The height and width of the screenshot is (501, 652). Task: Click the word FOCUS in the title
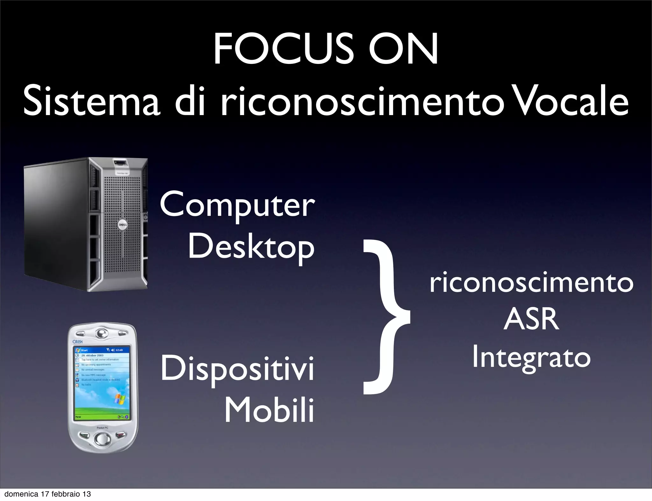coord(284,50)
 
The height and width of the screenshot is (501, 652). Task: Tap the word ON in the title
coord(403,50)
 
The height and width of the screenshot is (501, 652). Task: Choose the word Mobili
coord(269,410)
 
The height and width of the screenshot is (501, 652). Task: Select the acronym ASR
coord(531,319)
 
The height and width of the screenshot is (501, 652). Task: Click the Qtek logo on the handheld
coord(78,341)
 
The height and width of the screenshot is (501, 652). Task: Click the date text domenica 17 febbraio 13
coord(48,494)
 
